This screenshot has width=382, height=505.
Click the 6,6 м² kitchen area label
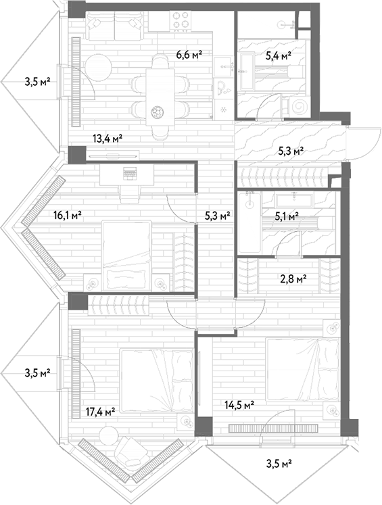point(189,55)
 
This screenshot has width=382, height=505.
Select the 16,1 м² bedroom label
point(67,214)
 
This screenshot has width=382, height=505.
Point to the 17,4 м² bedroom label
point(101,411)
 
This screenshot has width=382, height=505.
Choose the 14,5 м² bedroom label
point(239,404)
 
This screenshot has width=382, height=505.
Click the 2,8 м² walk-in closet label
point(293,279)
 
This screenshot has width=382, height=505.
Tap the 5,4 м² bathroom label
point(279,56)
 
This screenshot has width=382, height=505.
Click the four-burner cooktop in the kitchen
point(181,21)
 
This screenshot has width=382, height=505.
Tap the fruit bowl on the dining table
point(158,112)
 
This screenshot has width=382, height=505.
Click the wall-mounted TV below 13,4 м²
point(113,156)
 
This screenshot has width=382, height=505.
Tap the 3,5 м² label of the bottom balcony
point(279,464)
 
